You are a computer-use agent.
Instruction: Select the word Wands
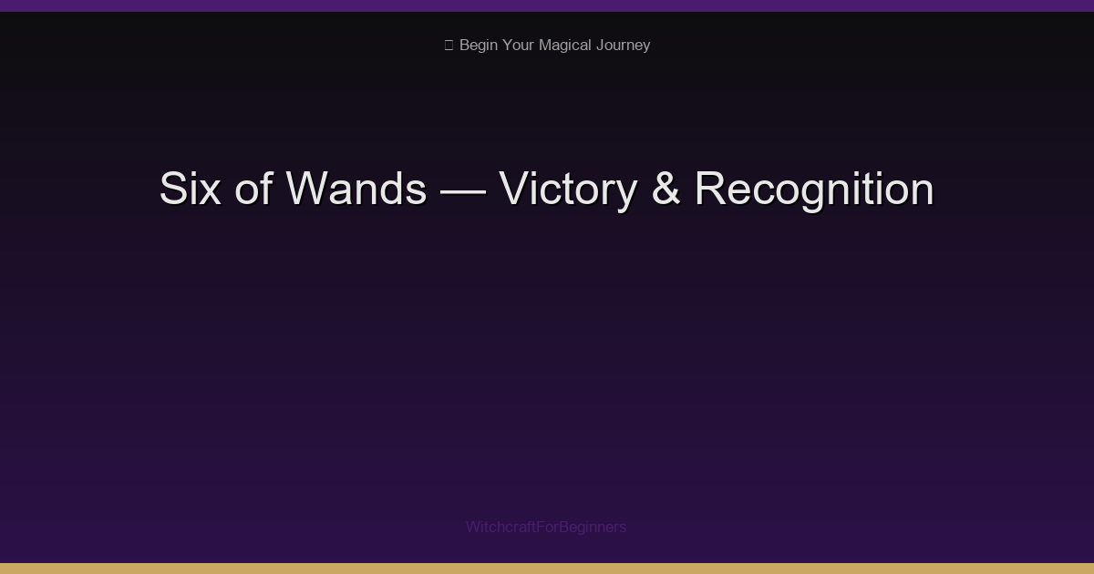[356, 190]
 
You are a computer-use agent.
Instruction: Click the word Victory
[568, 190]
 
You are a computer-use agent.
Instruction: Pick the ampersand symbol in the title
[666, 190]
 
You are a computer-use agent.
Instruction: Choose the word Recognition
[814, 190]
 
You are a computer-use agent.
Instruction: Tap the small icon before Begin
[449, 46]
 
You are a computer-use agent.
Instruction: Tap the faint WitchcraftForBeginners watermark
[546, 527]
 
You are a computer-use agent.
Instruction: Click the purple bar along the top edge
[547, 5]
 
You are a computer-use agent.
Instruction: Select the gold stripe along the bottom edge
[547, 569]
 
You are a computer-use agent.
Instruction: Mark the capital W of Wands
[306, 190]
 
